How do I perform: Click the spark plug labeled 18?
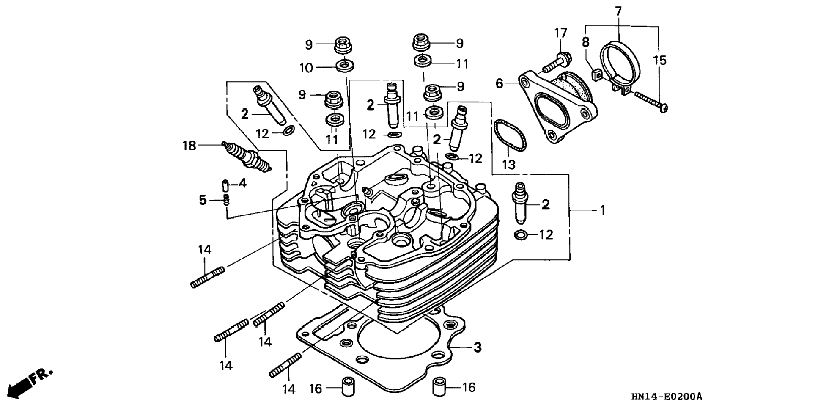click(x=247, y=156)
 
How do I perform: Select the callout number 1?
click(x=603, y=210)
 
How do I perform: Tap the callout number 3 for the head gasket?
click(x=477, y=347)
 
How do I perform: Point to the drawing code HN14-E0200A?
click(x=667, y=397)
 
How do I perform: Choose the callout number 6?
click(x=499, y=84)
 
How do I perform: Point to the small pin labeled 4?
click(x=226, y=185)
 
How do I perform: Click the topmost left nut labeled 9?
click(x=343, y=45)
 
